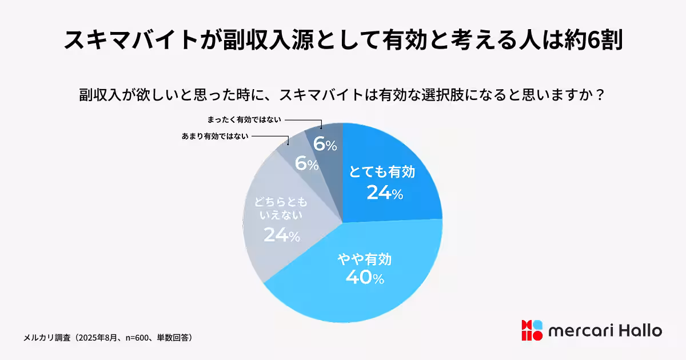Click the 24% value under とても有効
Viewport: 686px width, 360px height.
coord(385,193)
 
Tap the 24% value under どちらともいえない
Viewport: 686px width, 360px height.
coord(282,234)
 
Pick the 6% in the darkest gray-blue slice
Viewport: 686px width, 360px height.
coord(325,145)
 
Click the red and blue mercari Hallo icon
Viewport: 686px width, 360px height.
coord(531,331)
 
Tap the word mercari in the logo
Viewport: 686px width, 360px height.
coord(581,331)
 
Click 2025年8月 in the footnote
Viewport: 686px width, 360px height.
coord(101,338)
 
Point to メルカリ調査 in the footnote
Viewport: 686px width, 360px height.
coord(47,338)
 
